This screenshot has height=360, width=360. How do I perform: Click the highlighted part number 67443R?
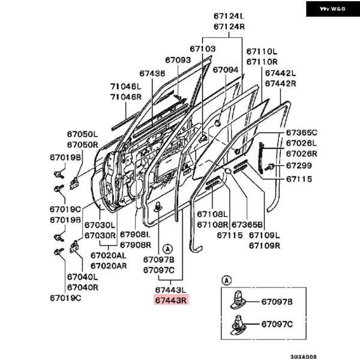[x=172, y=299]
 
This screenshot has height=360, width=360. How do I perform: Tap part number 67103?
[x=203, y=48]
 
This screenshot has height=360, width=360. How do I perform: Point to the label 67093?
[x=178, y=60]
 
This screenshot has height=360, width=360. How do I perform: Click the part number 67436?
[x=152, y=73]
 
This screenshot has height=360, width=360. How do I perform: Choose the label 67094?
[x=226, y=70]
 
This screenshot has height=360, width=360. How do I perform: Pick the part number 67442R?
[x=281, y=83]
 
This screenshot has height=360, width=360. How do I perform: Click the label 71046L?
[x=125, y=86]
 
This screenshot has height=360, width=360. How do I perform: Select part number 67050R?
[x=82, y=145]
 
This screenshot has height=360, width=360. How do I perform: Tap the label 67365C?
[x=301, y=132]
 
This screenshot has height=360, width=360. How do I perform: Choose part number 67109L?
[x=264, y=235]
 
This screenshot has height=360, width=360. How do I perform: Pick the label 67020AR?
[x=109, y=265]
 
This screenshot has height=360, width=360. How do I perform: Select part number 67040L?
[x=82, y=277]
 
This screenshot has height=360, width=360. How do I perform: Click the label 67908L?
[x=135, y=235]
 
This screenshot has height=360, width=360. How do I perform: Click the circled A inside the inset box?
[x=226, y=280]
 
